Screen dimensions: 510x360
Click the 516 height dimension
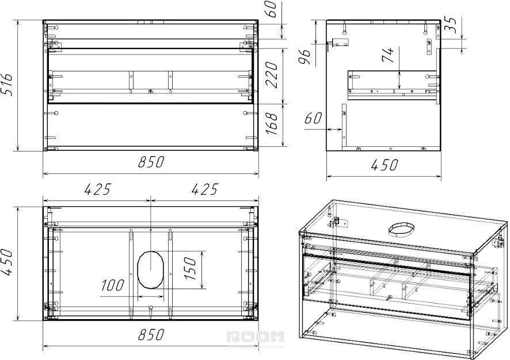click(x=7, y=84)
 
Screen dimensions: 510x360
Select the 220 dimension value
click(x=272, y=75)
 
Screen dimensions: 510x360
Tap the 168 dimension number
click(x=272, y=123)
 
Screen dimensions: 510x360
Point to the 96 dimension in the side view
click(x=306, y=57)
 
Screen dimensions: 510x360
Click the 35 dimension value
click(x=451, y=25)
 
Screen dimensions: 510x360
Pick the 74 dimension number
click(x=388, y=55)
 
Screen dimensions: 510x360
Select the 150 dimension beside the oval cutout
click(x=191, y=268)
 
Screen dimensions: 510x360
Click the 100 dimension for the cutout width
click(x=113, y=286)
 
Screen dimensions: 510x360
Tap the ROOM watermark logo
click(x=256, y=337)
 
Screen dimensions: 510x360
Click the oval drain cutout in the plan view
click(x=150, y=270)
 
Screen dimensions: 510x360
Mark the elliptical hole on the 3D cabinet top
click(x=401, y=230)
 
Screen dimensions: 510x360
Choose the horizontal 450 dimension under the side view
click(x=384, y=165)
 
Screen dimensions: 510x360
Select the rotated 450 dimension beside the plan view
click(x=7, y=262)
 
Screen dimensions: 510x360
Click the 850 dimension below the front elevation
click(x=151, y=162)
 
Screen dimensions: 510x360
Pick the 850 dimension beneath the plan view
click(x=151, y=335)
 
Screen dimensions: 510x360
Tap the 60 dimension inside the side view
click(x=313, y=118)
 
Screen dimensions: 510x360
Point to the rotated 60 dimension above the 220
click(x=272, y=9)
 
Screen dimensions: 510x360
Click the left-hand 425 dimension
click(x=98, y=190)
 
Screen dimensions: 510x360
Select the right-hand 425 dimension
click(x=205, y=190)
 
